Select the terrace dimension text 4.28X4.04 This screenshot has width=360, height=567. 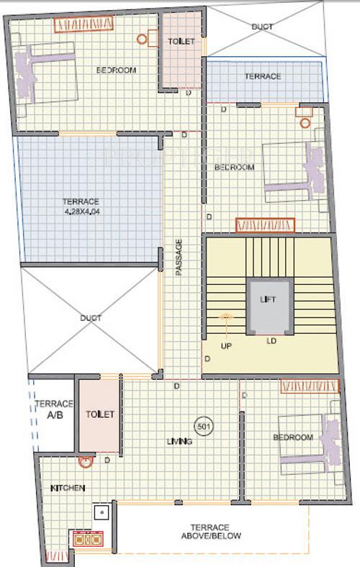coord(81,211)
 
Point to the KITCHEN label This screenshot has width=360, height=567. coord(68,489)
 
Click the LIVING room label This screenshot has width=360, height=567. coord(179,441)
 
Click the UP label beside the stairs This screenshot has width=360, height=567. coord(225,345)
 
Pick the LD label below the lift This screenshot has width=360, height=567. coord(271,341)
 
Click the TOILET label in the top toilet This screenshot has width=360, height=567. coord(181,42)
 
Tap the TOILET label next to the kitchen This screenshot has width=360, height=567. coord(99,414)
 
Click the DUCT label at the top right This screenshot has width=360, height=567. coord(262,27)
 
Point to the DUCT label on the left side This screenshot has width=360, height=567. coord(91,318)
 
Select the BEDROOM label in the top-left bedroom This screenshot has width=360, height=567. coord(117,70)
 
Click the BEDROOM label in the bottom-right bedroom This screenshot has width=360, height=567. coord(293,437)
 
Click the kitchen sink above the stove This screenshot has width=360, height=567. coord(102,514)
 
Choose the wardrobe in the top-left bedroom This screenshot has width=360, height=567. coord(80,24)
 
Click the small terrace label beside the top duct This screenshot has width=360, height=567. coord(262,76)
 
